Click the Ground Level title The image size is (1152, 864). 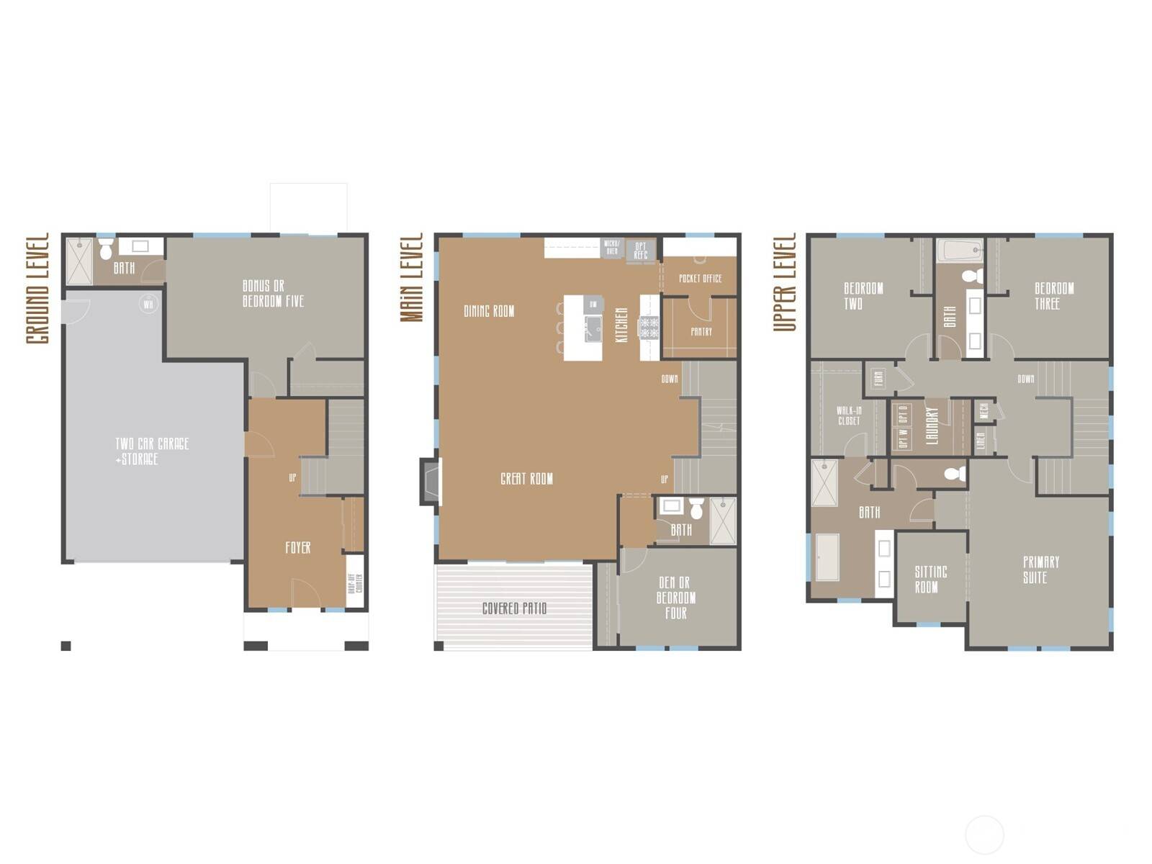37,288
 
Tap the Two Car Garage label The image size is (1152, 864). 152,451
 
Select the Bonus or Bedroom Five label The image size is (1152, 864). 273,294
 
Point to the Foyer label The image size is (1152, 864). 298,548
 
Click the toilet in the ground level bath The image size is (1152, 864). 107,251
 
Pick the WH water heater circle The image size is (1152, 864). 148,305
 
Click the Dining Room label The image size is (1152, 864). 489,312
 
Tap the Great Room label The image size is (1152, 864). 526,479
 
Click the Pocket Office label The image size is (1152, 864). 700,278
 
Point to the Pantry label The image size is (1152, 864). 701,332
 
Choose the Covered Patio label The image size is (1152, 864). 514,609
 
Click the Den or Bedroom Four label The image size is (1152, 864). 675,598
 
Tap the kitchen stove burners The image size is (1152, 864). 649,328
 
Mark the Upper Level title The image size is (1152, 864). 785,282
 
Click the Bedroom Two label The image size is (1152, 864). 863,296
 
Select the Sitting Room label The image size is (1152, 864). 930,580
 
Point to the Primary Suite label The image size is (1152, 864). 1040,570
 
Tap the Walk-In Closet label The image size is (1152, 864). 849,415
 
